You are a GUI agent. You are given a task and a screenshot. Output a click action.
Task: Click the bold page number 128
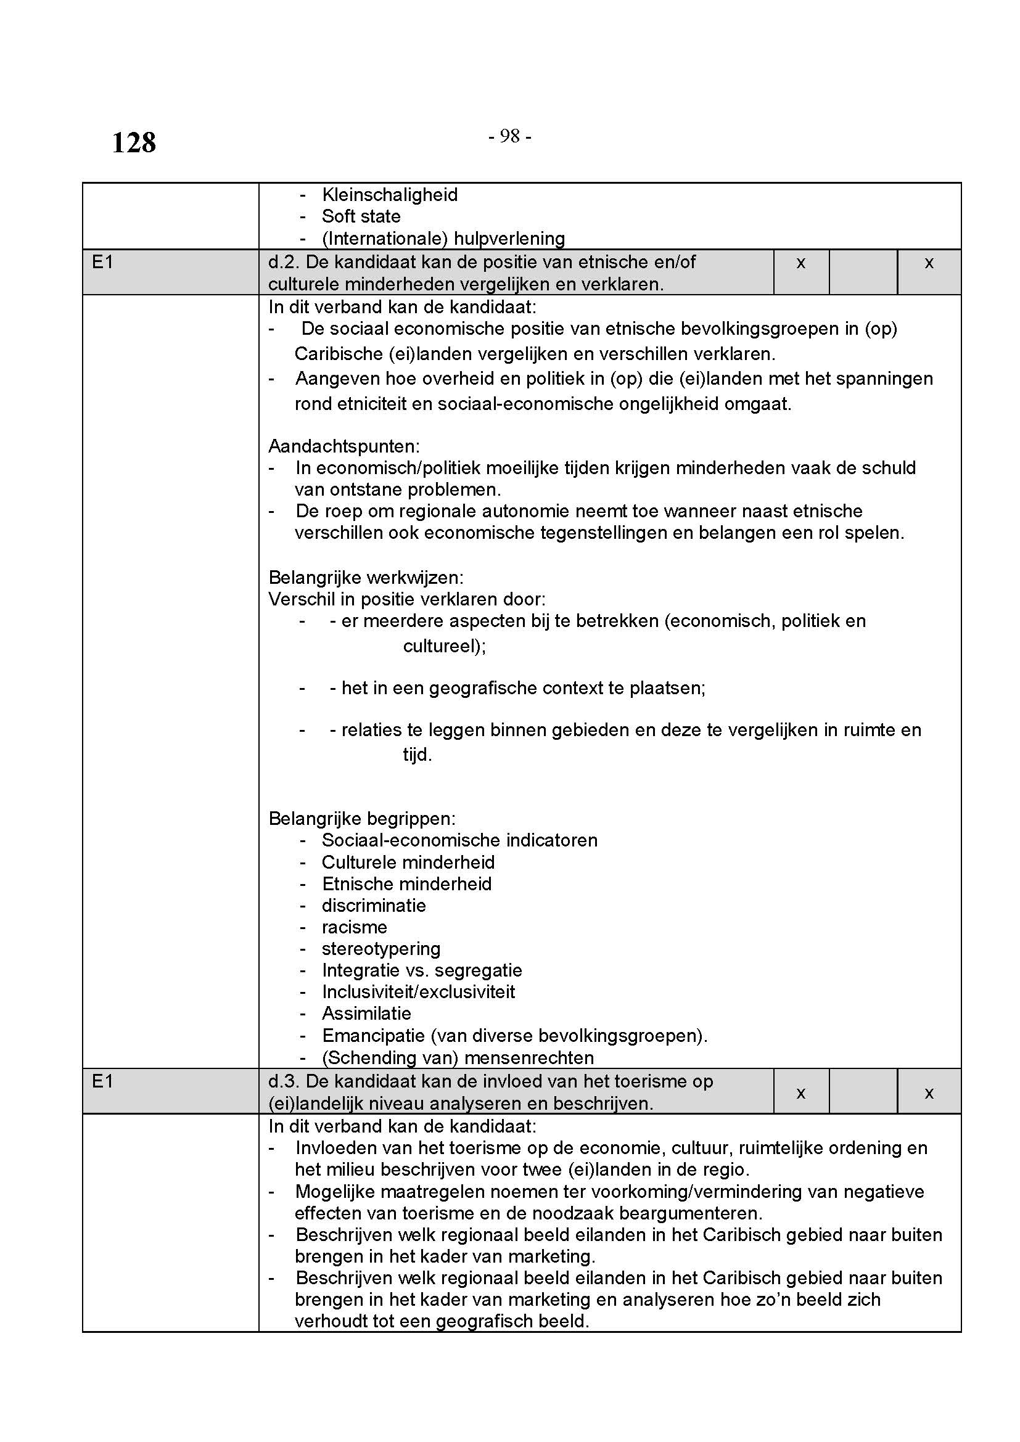pos(134,142)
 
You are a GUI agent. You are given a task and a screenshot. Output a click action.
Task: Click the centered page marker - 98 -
pos(509,136)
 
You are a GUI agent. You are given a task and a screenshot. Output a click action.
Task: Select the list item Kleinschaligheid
pos(389,195)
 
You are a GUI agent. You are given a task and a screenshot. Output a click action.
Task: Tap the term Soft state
pos(361,216)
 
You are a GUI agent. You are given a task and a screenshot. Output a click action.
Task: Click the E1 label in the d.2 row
pos(102,263)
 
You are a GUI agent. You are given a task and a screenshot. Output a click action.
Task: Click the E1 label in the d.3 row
pos(102,1081)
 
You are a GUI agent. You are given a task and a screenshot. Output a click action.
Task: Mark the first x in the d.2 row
pos(801,263)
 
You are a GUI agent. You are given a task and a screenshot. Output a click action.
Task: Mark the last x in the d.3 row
pos(929,1093)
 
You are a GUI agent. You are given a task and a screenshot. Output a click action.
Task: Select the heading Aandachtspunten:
pos(343,446)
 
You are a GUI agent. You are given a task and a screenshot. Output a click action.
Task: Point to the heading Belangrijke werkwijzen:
pos(366,578)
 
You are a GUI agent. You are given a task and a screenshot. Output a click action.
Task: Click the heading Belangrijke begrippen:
pos(362,819)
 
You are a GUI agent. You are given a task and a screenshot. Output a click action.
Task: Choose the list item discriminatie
pos(374,906)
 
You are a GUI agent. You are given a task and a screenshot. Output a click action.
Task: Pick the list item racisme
pos(354,928)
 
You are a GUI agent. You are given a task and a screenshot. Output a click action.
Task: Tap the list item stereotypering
pos(381,949)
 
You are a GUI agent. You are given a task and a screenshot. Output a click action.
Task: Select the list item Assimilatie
pos(366,1014)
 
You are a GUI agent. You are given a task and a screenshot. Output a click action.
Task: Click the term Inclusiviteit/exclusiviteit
pos(418,993)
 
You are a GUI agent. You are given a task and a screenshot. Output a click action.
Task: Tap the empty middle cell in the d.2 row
pos(863,272)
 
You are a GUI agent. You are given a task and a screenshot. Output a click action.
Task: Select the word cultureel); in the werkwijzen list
pos(444,646)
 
